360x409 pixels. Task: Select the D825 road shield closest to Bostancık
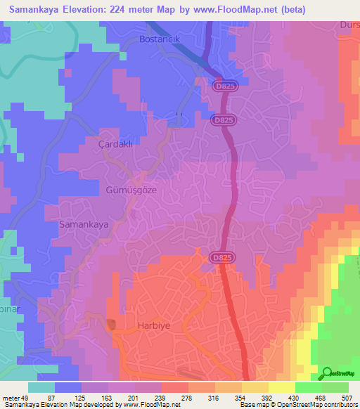(221, 85)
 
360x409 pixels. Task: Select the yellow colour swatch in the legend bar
(282, 387)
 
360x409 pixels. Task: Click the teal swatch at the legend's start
(41, 387)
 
